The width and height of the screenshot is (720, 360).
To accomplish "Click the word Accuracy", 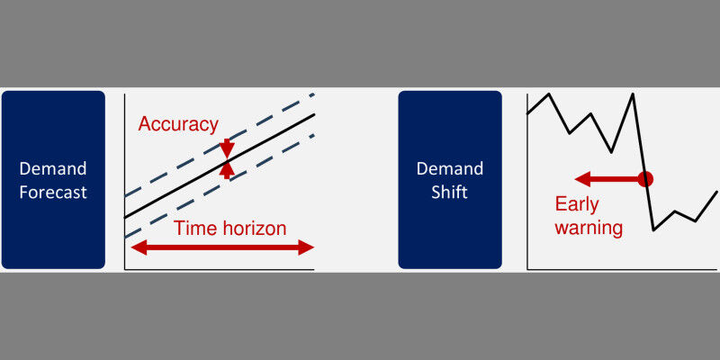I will (178, 124).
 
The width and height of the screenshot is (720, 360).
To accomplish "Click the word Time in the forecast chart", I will (193, 228).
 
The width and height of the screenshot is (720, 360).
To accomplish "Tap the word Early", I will (577, 203).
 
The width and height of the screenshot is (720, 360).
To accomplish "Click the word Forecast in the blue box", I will (53, 191).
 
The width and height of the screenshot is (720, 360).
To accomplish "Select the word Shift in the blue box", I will (450, 191).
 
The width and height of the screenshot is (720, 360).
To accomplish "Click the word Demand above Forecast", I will (53, 168).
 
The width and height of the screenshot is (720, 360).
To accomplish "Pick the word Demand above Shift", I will (450, 168).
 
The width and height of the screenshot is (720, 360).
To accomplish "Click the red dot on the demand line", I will (644, 178).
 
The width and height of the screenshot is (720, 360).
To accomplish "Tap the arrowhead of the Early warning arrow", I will (580, 178).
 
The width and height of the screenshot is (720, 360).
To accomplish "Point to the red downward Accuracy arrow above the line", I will (227, 147).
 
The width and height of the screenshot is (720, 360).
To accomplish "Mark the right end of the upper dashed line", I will (313, 94).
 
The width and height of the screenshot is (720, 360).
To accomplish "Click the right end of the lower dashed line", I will (313, 135).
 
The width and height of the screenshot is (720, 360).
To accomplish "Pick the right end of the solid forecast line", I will (314, 114).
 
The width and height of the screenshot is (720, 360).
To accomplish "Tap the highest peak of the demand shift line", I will (634, 94).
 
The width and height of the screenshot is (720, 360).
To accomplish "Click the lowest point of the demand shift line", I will (653, 230).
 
